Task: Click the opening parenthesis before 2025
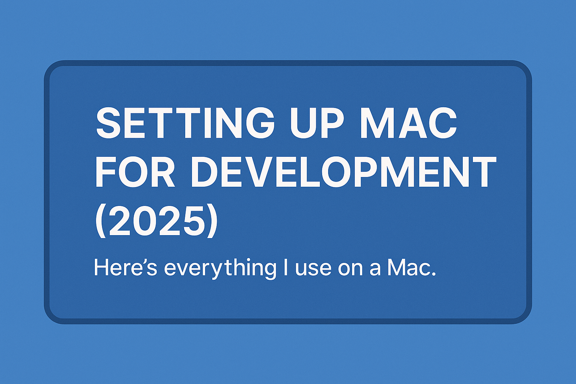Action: click(x=99, y=222)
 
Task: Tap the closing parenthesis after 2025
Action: click(x=212, y=222)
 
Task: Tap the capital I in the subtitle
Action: click(x=286, y=267)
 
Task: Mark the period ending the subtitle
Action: click(x=434, y=275)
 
